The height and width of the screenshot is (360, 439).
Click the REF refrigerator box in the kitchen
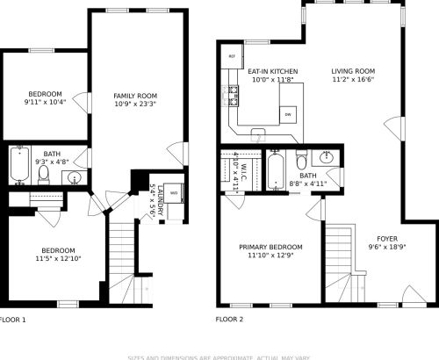232,56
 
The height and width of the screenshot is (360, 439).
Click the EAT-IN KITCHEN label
272,71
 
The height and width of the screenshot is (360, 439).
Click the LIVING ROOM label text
353,71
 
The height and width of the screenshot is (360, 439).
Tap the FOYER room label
387,239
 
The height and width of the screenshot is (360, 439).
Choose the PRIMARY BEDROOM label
271,247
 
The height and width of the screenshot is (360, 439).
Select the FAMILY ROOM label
135,95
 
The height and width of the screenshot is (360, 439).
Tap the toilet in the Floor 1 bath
43,172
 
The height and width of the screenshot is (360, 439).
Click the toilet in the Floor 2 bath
301,161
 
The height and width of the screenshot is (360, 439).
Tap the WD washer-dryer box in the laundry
174,192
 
